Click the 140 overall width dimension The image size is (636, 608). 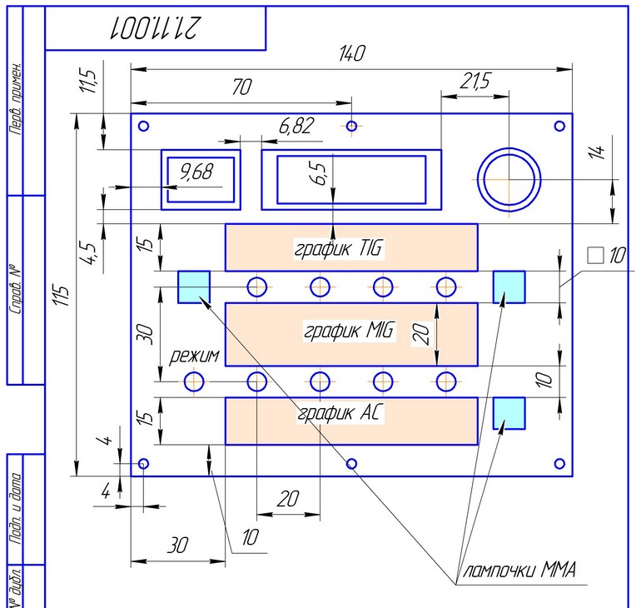(x=351, y=53)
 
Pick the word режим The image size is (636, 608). (x=194, y=356)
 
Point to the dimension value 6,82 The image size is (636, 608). (x=297, y=126)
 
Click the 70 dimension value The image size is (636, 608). (x=242, y=87)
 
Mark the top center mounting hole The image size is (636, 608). (x=352, y=126)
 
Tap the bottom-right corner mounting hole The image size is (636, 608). (x=559, y=463)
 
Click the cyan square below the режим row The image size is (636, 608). (x=509, y=412)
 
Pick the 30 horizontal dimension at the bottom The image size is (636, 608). (x=177, y=546)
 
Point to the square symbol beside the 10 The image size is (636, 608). (x=594, y=255)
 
